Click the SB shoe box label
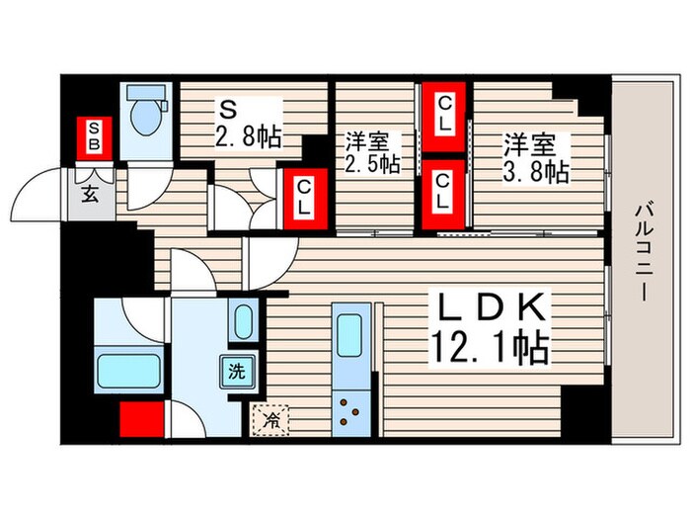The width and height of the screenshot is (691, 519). (94, 137)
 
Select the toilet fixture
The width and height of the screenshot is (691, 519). (144, 115)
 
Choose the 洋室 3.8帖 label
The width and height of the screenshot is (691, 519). (537, 158)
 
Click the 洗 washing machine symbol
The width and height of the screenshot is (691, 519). (236, 374)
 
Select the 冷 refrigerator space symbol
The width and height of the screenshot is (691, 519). (268, 420)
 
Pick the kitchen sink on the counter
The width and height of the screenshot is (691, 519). (351, 337)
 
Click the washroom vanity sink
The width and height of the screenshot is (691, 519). (243, 322)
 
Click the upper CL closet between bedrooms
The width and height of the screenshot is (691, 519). (443, 115)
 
